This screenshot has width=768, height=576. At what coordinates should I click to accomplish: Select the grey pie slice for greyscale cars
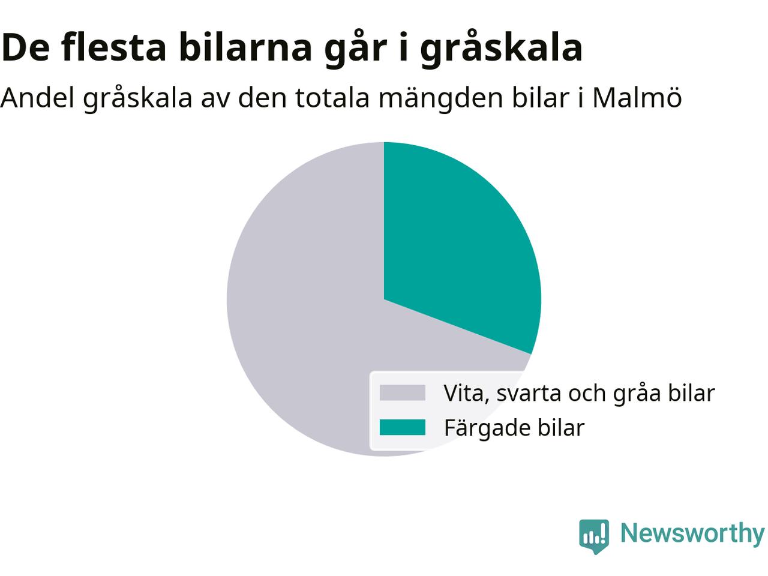point(301,315)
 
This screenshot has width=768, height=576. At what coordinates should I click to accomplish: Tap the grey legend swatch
point(403,392)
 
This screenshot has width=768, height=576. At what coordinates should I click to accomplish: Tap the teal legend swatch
point(403,427)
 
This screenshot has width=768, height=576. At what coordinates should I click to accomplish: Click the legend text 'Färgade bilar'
point(514,428)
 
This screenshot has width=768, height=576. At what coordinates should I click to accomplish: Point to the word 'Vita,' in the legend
point(466,393)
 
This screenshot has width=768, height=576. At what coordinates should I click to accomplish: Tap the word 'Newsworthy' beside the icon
point(692,533)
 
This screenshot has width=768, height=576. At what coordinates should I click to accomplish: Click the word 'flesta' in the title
point(113,47)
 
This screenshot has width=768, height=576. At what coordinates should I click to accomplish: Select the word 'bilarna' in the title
point(245,47)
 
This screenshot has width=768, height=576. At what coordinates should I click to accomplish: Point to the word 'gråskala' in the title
point(501,49)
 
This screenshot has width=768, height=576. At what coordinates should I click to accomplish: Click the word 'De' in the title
point(25,47)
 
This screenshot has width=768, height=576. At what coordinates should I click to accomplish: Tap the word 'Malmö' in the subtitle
point(637,97)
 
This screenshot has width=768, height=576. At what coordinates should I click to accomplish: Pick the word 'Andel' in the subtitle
point(37,97)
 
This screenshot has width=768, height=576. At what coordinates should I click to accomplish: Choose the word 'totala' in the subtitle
point(333,97)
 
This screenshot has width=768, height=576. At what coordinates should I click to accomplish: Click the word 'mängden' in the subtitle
point(441,100)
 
